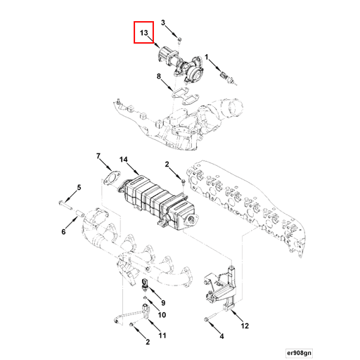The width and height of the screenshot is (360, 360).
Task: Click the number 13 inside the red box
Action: tap(143, 33)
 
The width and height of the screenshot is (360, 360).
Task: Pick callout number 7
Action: tap(98, 156)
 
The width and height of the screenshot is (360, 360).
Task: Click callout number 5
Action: tap(79, 187)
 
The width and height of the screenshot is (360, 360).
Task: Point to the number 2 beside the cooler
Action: tap(168, 164)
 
